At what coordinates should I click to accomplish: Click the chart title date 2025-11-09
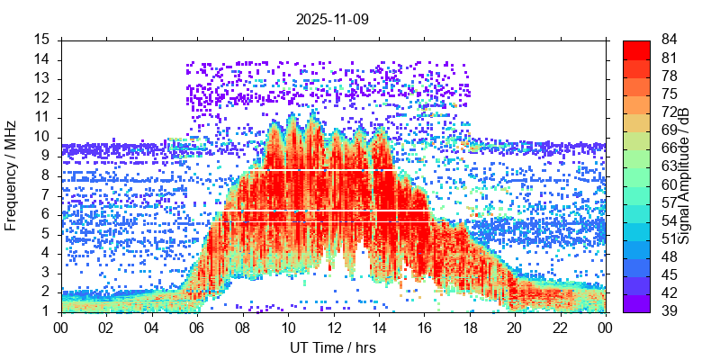pyautogui.click(x=332, y=18)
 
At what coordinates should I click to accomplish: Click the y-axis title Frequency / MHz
pyautogui.click(x=12, y=175)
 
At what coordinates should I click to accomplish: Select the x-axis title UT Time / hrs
pyautogui.click(x=332, y=347)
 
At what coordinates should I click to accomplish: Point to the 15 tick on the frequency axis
pyautogui.click(x=43, y=40)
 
